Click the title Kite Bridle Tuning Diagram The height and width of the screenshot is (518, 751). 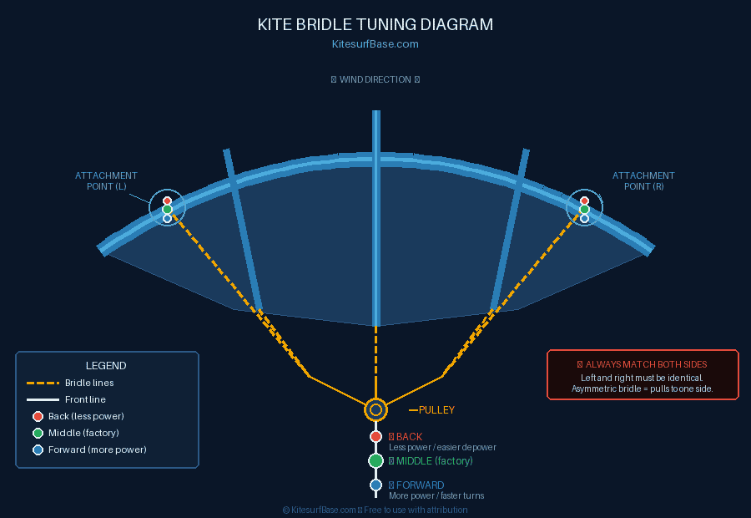click(x=375, y=25)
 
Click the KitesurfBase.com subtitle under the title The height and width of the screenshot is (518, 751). click(x=375, y=44)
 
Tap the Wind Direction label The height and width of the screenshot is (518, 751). click(x=375, y=80)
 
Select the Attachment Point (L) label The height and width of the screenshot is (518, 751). click(x=106, y=180)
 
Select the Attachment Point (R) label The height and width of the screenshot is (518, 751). click(x=643, y=180)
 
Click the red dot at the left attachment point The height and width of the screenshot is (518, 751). click(x=167, y=201)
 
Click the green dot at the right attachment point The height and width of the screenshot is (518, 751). click(x=584, y=210)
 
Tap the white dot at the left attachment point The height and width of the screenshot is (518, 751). click(x=167, y=219)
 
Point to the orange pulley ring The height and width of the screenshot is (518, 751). click(x=375, y=410)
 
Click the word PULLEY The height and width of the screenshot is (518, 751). click(x=436, y=410)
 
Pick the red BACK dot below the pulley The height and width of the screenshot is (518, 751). click(x=375, y=437)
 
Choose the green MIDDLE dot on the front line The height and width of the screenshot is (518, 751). click(x=375, y=460)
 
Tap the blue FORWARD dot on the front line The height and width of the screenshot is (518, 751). click(x=375, y=485)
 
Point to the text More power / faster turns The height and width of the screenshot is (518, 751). click(x=436, y=496)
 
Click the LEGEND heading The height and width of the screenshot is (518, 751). click(x=106, y=366)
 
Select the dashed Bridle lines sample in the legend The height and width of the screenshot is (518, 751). click(x=43, y=383)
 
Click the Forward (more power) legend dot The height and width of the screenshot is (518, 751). click(x=38, y=450)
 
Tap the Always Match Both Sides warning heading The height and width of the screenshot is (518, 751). click(x=643, y=364)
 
